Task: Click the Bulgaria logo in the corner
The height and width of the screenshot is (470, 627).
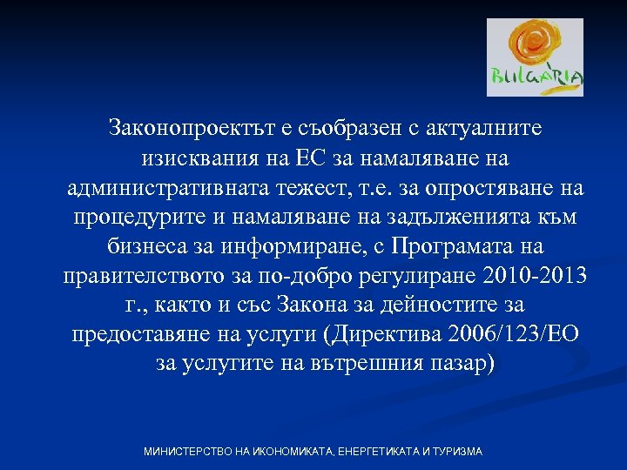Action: click(x=535, y=57)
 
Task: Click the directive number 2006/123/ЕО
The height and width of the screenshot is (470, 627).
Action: click(x=506, y=336)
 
